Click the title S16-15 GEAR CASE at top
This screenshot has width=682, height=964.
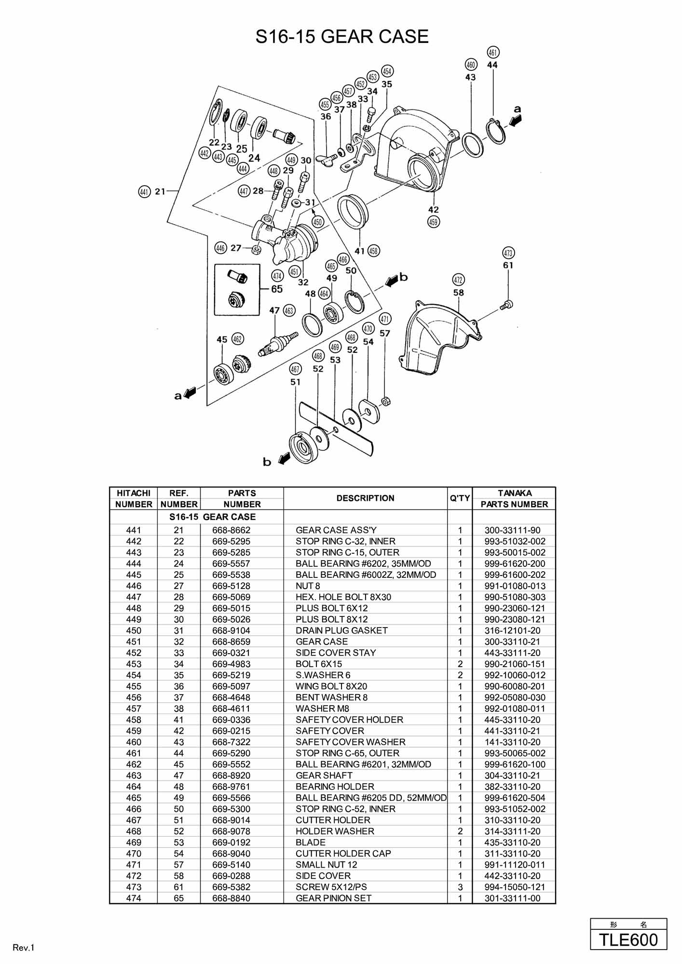tap(341, 37)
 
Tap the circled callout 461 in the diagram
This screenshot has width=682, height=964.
tap(493, 52)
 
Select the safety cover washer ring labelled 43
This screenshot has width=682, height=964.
tap(473, 144)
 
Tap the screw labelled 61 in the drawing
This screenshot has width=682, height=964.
tap(506, 305)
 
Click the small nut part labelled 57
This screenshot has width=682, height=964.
tap(385, 401)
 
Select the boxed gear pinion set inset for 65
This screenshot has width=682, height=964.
tap(237, 289)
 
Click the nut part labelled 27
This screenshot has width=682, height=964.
tap(257, 250)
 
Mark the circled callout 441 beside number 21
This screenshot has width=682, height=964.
tap(144, 192)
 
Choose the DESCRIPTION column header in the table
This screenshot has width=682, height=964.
tap(365, 498)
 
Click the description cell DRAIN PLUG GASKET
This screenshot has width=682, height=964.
tap(341, 630)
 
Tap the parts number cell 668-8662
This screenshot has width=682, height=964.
tap(232, 530)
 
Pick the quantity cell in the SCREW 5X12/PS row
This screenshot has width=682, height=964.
tap(460, 887)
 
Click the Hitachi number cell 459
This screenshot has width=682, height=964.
tap(134, 731)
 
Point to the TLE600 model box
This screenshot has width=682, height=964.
tap(628, 940)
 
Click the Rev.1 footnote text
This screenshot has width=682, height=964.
tap(24, 948)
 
